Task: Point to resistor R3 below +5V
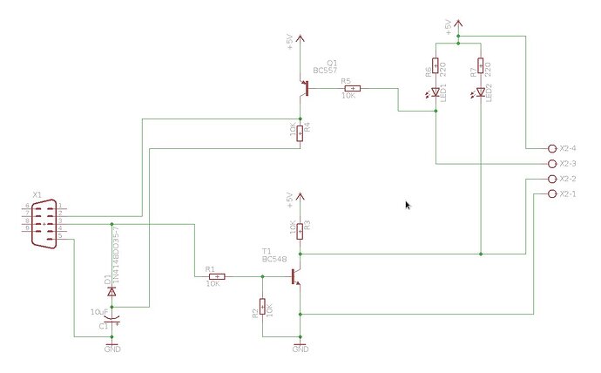(x=300, y=230)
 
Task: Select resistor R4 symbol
(x=300, y=132)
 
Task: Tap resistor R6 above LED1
(x=436, y=67)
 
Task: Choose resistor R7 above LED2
(x=480, y=67)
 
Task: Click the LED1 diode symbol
(x=436, y=91)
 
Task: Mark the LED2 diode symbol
(x=480, y=91)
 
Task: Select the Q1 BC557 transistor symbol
(x=305, y=88)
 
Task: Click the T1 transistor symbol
(x=295, y=276)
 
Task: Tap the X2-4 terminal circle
(x=550, y=148)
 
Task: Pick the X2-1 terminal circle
(x=550, y=193)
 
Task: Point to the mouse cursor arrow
(x=408, y=205)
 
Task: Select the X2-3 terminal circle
(x=550, y=163)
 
